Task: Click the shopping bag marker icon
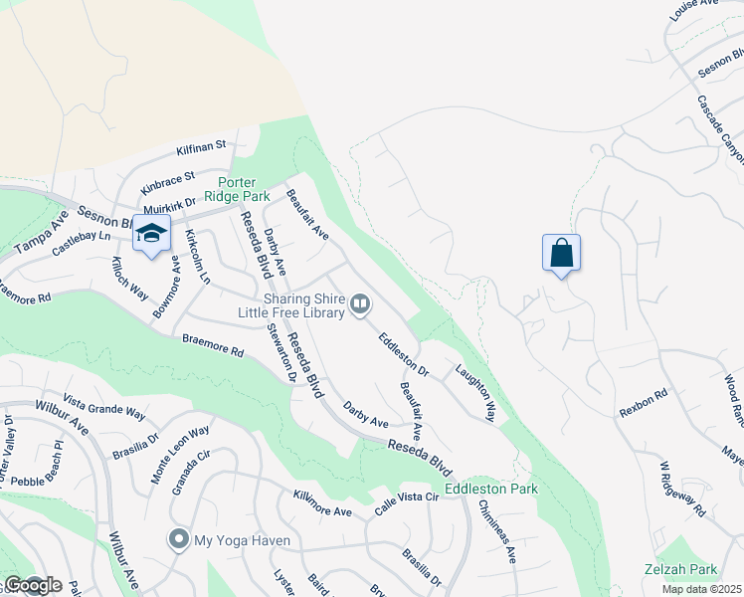coord(562,253)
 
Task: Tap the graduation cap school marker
coord(151,234)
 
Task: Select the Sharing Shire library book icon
coord(360,302)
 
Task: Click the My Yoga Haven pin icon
coord(179,540)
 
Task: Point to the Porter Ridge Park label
coord(224,188)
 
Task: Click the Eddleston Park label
coord(491,489)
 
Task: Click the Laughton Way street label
coord(475,392)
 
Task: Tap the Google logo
coord(32,585)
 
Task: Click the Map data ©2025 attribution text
coord(702,589)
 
